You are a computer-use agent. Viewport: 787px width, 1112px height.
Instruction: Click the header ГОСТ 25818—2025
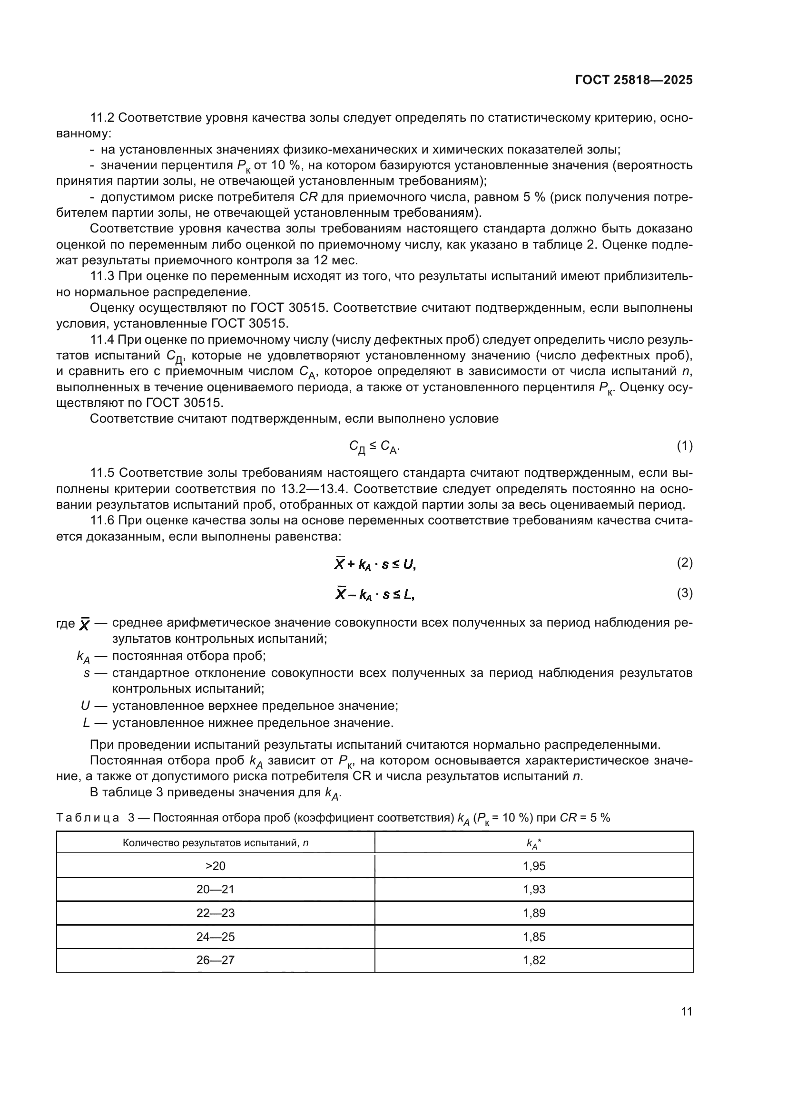633,80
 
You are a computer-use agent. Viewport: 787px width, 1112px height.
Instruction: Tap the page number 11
686,1011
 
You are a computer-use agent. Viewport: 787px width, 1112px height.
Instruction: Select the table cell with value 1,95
534,866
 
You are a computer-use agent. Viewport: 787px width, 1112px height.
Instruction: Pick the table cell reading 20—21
215,889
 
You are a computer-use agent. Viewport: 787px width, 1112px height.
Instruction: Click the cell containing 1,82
534,960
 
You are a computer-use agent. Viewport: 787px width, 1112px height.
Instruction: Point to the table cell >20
215,866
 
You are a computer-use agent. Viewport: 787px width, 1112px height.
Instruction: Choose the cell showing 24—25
215,937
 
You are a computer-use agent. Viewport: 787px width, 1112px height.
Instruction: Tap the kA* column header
534,843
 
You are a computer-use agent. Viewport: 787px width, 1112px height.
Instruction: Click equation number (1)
684,445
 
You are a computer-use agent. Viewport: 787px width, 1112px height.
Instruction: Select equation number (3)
684,593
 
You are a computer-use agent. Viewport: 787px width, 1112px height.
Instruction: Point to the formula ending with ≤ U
375,564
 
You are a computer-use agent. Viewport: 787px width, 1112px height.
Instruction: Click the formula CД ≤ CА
374,446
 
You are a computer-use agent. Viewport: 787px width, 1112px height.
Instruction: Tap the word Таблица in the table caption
88,818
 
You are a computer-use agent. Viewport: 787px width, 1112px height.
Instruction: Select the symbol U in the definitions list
85,706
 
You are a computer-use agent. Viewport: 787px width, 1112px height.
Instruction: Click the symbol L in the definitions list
86,723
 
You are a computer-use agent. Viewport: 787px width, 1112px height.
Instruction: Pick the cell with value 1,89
534,913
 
